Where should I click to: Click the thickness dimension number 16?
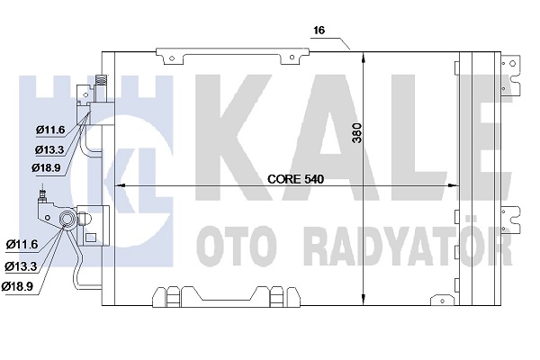319,31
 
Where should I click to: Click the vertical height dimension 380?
357,132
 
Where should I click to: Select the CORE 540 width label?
295,179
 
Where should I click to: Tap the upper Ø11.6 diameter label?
50,130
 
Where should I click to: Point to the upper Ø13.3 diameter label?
49,149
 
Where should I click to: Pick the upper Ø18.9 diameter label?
46,167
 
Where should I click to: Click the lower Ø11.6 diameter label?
22,245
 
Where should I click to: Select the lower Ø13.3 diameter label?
21,266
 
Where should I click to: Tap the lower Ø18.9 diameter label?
17,286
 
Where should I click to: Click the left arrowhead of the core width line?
119,185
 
